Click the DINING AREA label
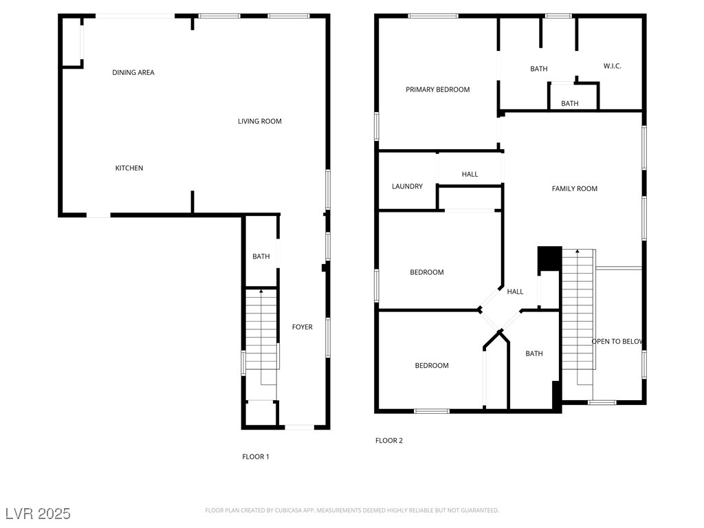coord(133,72)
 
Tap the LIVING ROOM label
coord(260,121)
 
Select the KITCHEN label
coord(129,168)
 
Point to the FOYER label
coord(302,327)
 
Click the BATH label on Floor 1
coord(261,256)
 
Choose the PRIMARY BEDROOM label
coord(437,89)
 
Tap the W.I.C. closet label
coord(612,66)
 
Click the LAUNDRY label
coord(407,186)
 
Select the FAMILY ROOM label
coord(574,188)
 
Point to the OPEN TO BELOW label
coord(617,341)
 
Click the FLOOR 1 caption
coord(256,456)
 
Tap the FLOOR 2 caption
coord(389,441)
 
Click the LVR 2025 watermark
coord(38,514)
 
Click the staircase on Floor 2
coord(577,309)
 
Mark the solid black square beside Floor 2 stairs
coord(549,258)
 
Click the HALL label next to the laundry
coord(470,174)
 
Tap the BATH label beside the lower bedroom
coord(534,353)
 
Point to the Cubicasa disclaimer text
coord(352,510)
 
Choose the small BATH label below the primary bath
coord(569,103)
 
